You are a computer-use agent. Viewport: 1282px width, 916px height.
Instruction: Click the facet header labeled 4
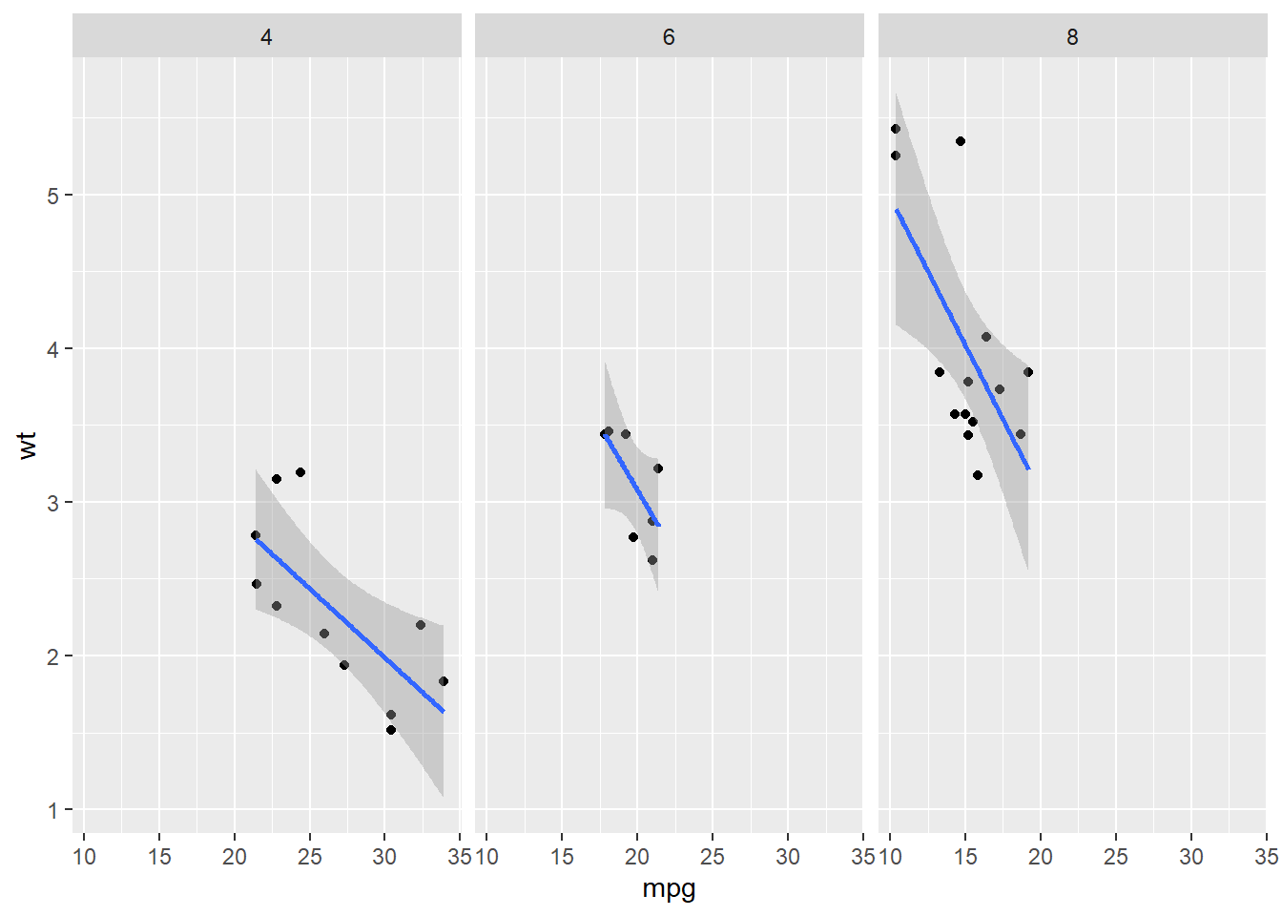pyautogui.click(x=266, y=36)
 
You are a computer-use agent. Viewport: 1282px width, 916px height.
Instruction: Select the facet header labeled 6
pyautogui.click(x=669, y=36)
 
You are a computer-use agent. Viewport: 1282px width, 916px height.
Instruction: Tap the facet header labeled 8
pyautogui.click(x=1072, y=36)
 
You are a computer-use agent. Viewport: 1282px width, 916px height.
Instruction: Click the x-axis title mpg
pyautogui.click(x=669, y=889)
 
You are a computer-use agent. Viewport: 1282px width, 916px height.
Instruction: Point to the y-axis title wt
pyautogui.click(x=28, y=445)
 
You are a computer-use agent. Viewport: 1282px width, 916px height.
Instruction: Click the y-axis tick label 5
pyautogui.click(x=53, y=196)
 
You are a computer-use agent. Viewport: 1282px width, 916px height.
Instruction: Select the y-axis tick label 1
pyautogui.click(x=53, y=810)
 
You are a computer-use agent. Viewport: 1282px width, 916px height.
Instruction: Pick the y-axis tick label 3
pyautogui.click(x=53, y=503)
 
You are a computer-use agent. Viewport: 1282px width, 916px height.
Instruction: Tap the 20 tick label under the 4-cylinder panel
pyautogui.click(x=234, y=857)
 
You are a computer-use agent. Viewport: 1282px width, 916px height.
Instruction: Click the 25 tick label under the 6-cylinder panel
pyautogui.click(x=713, y=857)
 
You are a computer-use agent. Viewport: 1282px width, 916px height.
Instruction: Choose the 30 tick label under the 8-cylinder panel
pyautogui.click(x=1190, y=857)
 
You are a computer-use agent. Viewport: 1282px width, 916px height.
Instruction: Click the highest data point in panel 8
pyautogui.click(x=895, y=129)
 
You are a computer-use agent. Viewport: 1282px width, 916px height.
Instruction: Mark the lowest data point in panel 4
pyautogui.click(x=390, y=730)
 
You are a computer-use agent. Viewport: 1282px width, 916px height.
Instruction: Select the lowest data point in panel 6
pyautogui.click(x=652, y=560)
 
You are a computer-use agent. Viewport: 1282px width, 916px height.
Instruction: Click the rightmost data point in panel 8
pyautogui.click(x=1028, y=372)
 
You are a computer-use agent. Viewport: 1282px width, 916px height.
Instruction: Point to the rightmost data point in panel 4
pyautogui.click(x=444, y=681)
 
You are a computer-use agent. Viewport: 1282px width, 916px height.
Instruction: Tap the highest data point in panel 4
pyautogui.click(x=300, y=472)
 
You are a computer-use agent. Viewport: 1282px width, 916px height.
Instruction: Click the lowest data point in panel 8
pyautogui.click(x=978, y=475)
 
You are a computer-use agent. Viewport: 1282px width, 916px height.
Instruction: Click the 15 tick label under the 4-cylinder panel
pyautogui.click(x=159, y=857)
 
